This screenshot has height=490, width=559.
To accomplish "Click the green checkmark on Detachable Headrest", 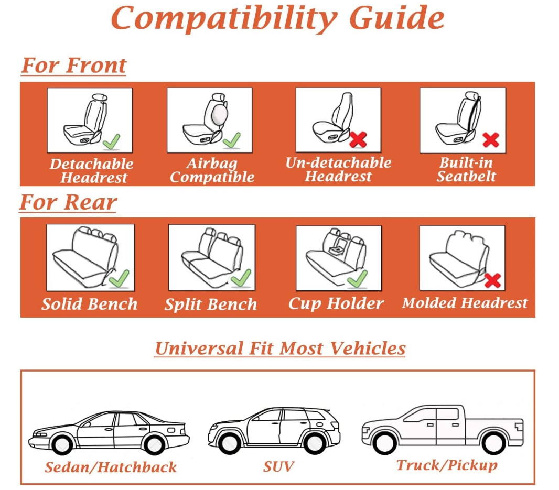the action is click(x=111, y=142).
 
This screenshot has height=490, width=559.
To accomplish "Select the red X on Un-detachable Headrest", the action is click(x=358, y=139).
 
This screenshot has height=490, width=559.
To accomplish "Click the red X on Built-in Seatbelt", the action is click(x=490, y=140).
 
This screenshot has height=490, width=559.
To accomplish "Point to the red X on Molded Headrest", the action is click(x=493, y=280).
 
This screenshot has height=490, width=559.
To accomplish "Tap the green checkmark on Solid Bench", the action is click(x=119, y=278).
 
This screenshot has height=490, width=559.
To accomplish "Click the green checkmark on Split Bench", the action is click(x=241, y=278).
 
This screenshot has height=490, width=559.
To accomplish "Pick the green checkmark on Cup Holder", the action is click(x=357, y=279).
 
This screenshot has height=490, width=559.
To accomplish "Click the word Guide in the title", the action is click(x=396, y=18).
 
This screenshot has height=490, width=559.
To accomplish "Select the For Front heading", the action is click(x=74, y=66).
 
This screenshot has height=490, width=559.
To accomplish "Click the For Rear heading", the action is click(x=68, y=202).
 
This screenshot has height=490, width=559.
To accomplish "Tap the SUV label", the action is click(x=278, y=466).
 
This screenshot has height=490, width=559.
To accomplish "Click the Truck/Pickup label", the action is click(x=447, y=465).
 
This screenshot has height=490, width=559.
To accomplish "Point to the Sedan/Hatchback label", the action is click(x=111, y=467).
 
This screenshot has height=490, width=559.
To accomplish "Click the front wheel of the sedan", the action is click(x=62, y=444).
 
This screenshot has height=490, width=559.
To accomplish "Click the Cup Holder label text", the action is click(x=336, y=303).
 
